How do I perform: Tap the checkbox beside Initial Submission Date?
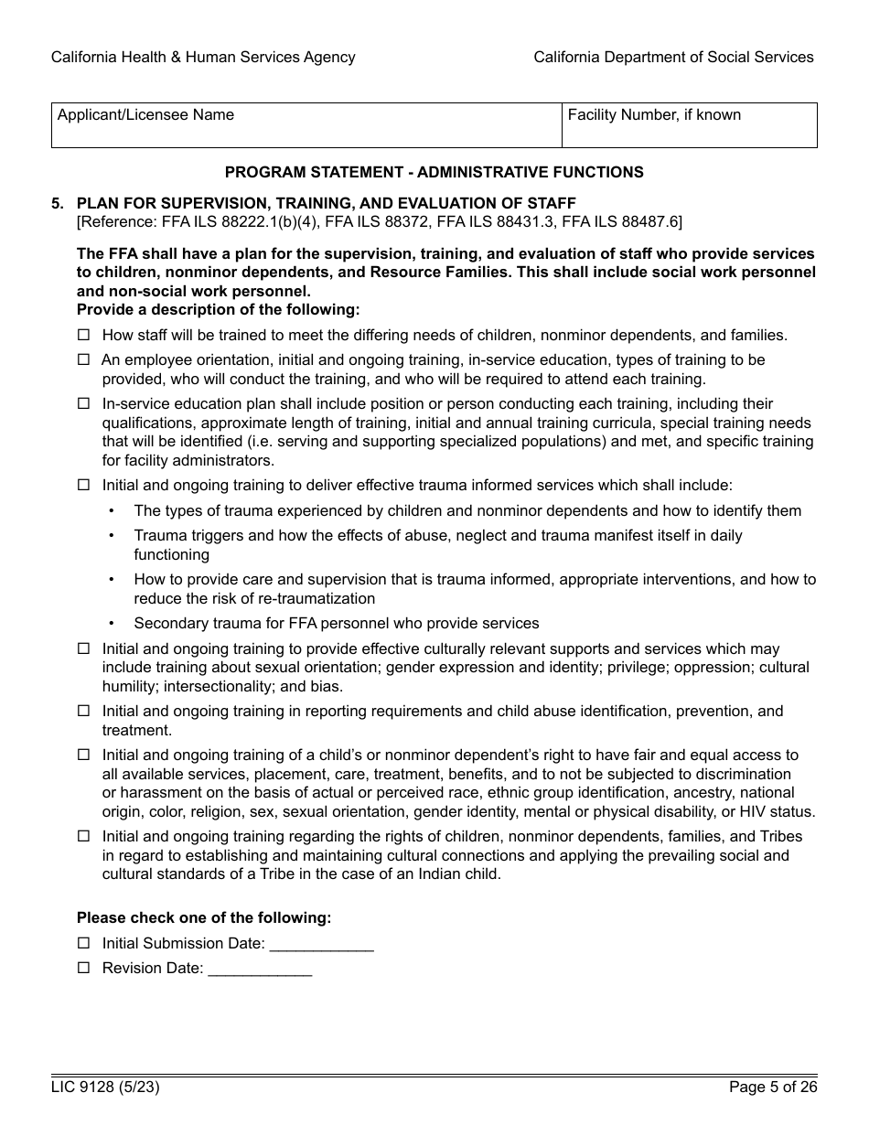84,943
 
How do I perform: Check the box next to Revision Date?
84,968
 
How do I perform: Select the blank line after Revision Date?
261,970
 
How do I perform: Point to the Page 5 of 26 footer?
773,1087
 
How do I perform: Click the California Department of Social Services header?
673,57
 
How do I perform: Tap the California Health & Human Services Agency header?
203,57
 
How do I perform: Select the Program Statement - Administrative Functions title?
434,172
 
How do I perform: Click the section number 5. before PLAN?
58,203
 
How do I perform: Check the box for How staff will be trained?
84,336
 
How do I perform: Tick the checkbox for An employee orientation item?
84,360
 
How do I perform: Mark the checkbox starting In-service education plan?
84,404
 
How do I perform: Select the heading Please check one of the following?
204,917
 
